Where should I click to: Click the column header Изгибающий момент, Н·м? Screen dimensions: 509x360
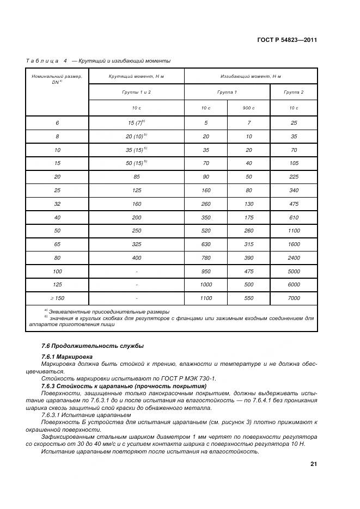(251, 77)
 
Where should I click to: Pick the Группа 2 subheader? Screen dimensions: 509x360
(294, 93)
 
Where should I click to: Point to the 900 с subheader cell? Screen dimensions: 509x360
(248, 108)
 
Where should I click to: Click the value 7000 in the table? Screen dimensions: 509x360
(294, 298)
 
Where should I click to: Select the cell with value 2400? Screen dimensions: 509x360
(294, 257)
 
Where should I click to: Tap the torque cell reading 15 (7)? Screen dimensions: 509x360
(136, 123)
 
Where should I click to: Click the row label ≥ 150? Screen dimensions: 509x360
(57, 298)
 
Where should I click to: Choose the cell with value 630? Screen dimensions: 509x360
(205, 243)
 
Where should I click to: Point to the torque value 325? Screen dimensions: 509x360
(137, 243)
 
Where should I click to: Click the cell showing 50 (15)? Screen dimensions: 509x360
(137, 163)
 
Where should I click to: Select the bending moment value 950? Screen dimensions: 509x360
(205, 271)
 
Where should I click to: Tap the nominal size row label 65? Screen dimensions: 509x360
(57, 243)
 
